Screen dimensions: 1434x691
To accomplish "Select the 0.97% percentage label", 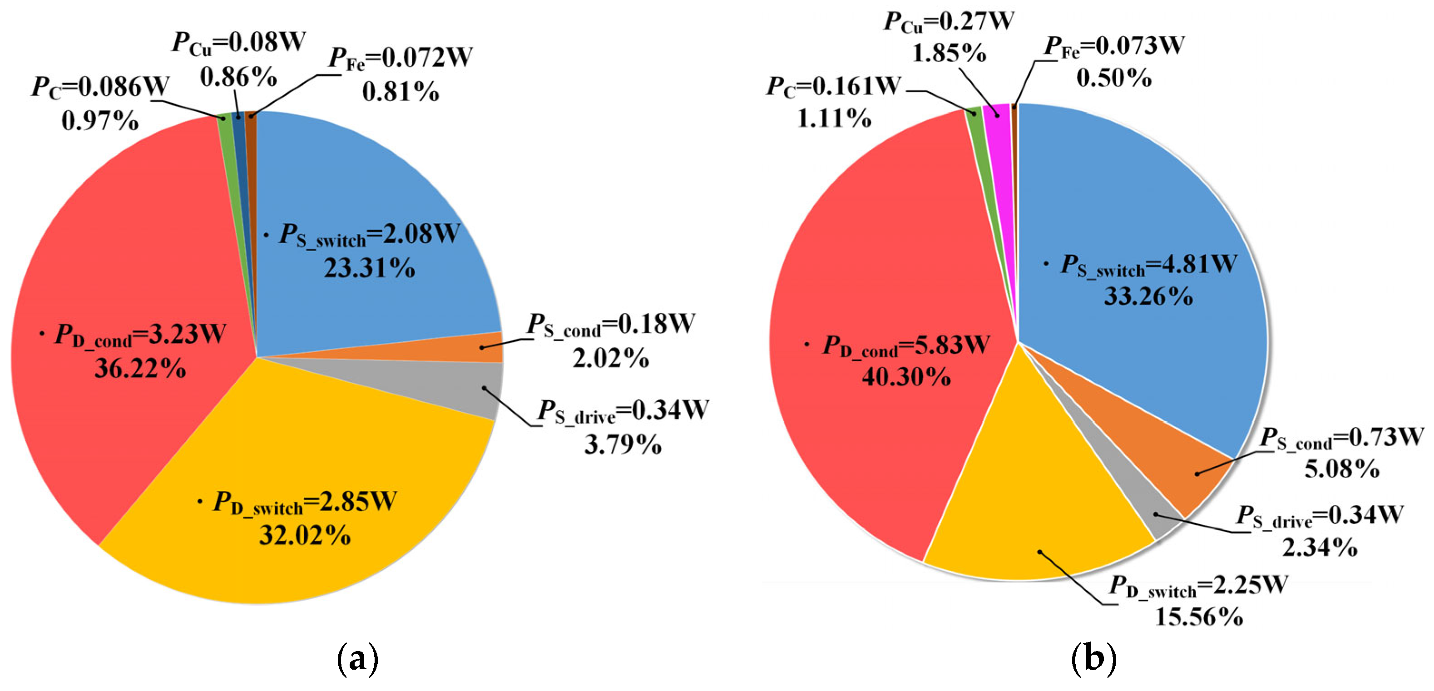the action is [x=100, y=121].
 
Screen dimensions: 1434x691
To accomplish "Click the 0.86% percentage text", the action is [x=239, y=77].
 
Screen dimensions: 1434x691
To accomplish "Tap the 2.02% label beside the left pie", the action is [x=611, y=358].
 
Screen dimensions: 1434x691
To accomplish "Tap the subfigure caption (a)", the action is [x=358, y=659].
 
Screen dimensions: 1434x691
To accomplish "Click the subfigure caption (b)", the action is [x=1094, y=659].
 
